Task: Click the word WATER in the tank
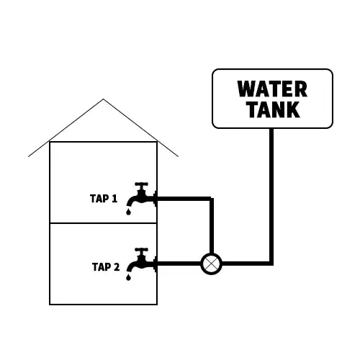click(272, 89)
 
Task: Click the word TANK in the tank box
click(274, 109)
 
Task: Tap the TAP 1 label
click(104, 199)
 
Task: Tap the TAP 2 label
click(106, 267)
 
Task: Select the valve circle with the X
click(211, 264)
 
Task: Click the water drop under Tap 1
click(128, 212)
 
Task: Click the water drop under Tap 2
click(128, 277)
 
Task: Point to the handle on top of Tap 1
click(141, 184)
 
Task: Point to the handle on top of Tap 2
click(141, 250)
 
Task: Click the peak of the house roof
click(103, 99)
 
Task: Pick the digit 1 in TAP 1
click(114, 199)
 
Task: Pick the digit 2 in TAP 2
click(117, 267)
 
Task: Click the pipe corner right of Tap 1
click(212, 199)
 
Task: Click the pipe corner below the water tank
click(271, 264)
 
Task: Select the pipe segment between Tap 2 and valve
click(179, 264)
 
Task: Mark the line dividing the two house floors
click(103, 223)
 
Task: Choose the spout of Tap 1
click(131, 201)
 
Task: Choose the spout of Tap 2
click(131, 267)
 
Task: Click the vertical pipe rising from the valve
click(212, 225)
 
